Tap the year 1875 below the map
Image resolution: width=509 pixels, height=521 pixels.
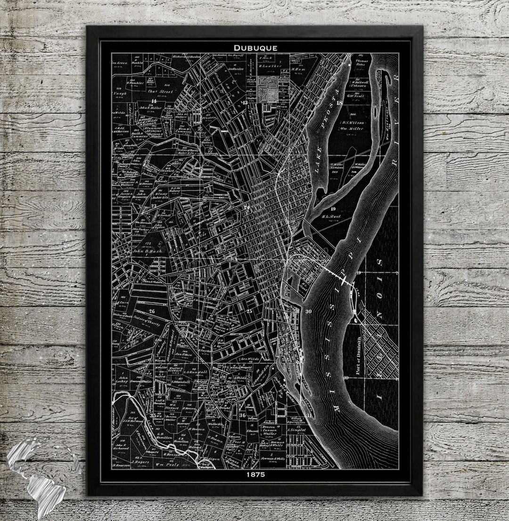pyautogui.click(x=255, y=475)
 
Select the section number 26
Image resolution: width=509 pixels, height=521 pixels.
pyautogui.click(x=152, y=311)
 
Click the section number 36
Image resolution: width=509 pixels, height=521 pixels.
pyautogui.click(x=242, y=415)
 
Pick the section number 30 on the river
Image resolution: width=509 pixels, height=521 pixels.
pyautogui.click(x=309, y=311)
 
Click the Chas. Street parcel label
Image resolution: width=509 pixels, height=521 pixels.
pyautogui.click(x=161, y=91)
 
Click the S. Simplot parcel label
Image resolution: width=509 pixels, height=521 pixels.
pyautogui.click(x=298, y=430)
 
